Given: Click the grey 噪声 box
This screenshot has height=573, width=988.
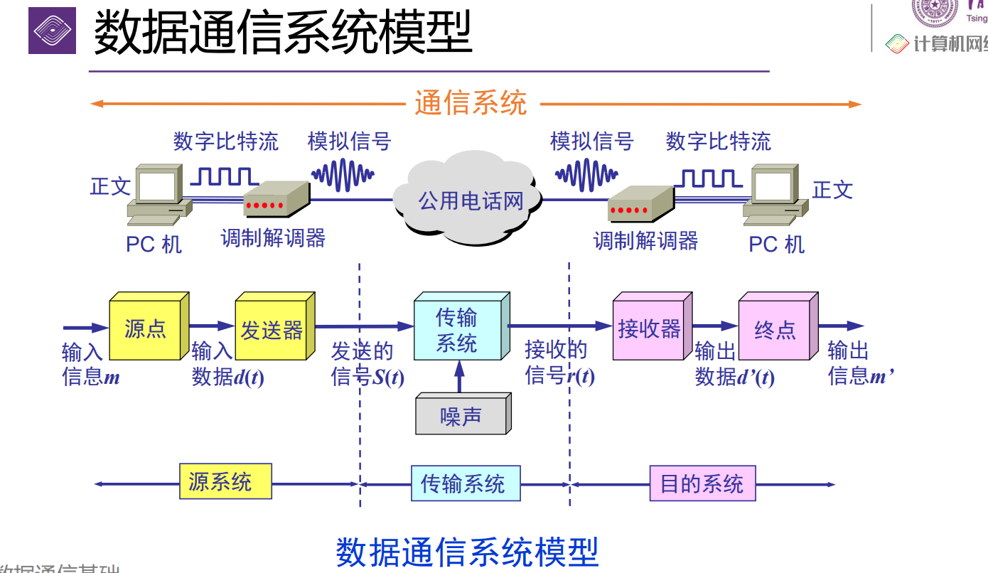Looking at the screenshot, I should click(460, 416).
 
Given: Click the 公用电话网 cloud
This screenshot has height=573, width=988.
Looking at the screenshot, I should click(470, 200).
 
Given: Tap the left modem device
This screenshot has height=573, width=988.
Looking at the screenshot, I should click(276, 200).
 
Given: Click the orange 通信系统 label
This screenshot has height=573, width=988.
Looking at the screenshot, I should click(471, 104).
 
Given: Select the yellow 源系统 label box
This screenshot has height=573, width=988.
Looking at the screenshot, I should click(225, 482).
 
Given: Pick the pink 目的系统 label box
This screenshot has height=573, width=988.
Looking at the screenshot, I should click(702, 484).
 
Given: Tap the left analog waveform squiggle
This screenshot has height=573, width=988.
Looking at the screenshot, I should click(343, 173).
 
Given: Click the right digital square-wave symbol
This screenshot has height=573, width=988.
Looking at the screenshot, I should click(707, 178).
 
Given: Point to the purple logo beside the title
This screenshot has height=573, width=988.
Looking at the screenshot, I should click(52, 30).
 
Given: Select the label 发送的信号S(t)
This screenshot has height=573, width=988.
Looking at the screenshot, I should click(367, 364).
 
